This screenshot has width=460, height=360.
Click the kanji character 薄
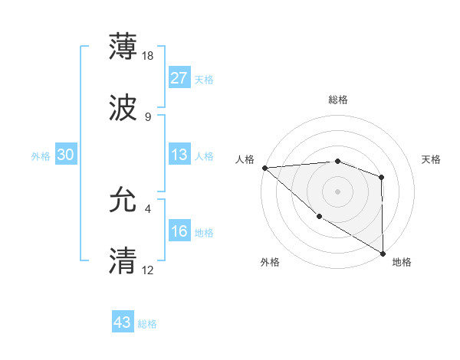[123, 47]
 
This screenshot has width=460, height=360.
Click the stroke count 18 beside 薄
[149, 55]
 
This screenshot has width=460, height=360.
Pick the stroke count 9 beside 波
[147, 116]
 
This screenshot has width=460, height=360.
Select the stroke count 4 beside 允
[147, 208]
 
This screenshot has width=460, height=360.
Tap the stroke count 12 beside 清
[149, 270]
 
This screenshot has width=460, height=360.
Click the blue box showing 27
[179, 78]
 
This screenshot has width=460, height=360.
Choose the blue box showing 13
[179, 155]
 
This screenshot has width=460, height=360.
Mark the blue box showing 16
[179, 231]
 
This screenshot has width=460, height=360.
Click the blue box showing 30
[65, 155]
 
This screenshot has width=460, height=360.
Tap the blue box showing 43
[123, 322]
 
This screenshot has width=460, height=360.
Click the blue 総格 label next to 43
[147, 324]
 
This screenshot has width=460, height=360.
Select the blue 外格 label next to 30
[41, 156]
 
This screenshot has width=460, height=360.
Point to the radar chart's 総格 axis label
[338, 100]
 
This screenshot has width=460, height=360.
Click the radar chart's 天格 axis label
[432, 159]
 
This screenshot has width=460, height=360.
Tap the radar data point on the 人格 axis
[264, 168]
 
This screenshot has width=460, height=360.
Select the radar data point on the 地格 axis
[383, 253]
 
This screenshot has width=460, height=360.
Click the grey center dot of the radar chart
[337, 191]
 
